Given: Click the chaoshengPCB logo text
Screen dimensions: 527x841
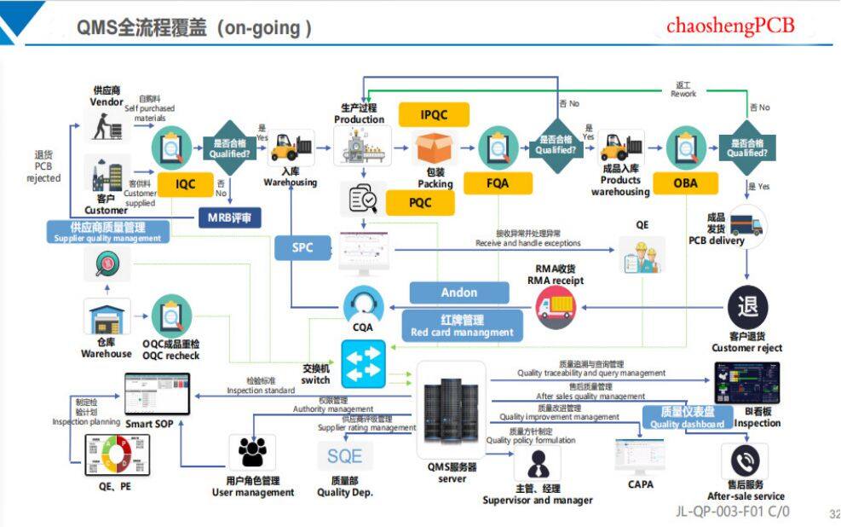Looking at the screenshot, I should click(x=730, y=26).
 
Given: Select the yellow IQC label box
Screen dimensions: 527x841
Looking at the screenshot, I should click(x=185, y=182).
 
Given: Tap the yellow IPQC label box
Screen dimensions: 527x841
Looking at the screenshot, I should click(x=434, y=114).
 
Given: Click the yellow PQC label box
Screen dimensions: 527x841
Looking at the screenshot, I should click(x=420, y=202).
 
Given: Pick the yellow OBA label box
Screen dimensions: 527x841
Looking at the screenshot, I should click(x=684, y=182).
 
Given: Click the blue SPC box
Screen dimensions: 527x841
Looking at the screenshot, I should click(x=302, y=247).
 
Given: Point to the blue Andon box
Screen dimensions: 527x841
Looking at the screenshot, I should click(x=458, y=292).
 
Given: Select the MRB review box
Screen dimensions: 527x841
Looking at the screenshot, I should click(x=229, y=217).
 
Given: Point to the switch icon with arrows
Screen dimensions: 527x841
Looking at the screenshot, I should click(x=364, y=363).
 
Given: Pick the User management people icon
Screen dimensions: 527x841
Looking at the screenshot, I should click(x=252, y=454).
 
